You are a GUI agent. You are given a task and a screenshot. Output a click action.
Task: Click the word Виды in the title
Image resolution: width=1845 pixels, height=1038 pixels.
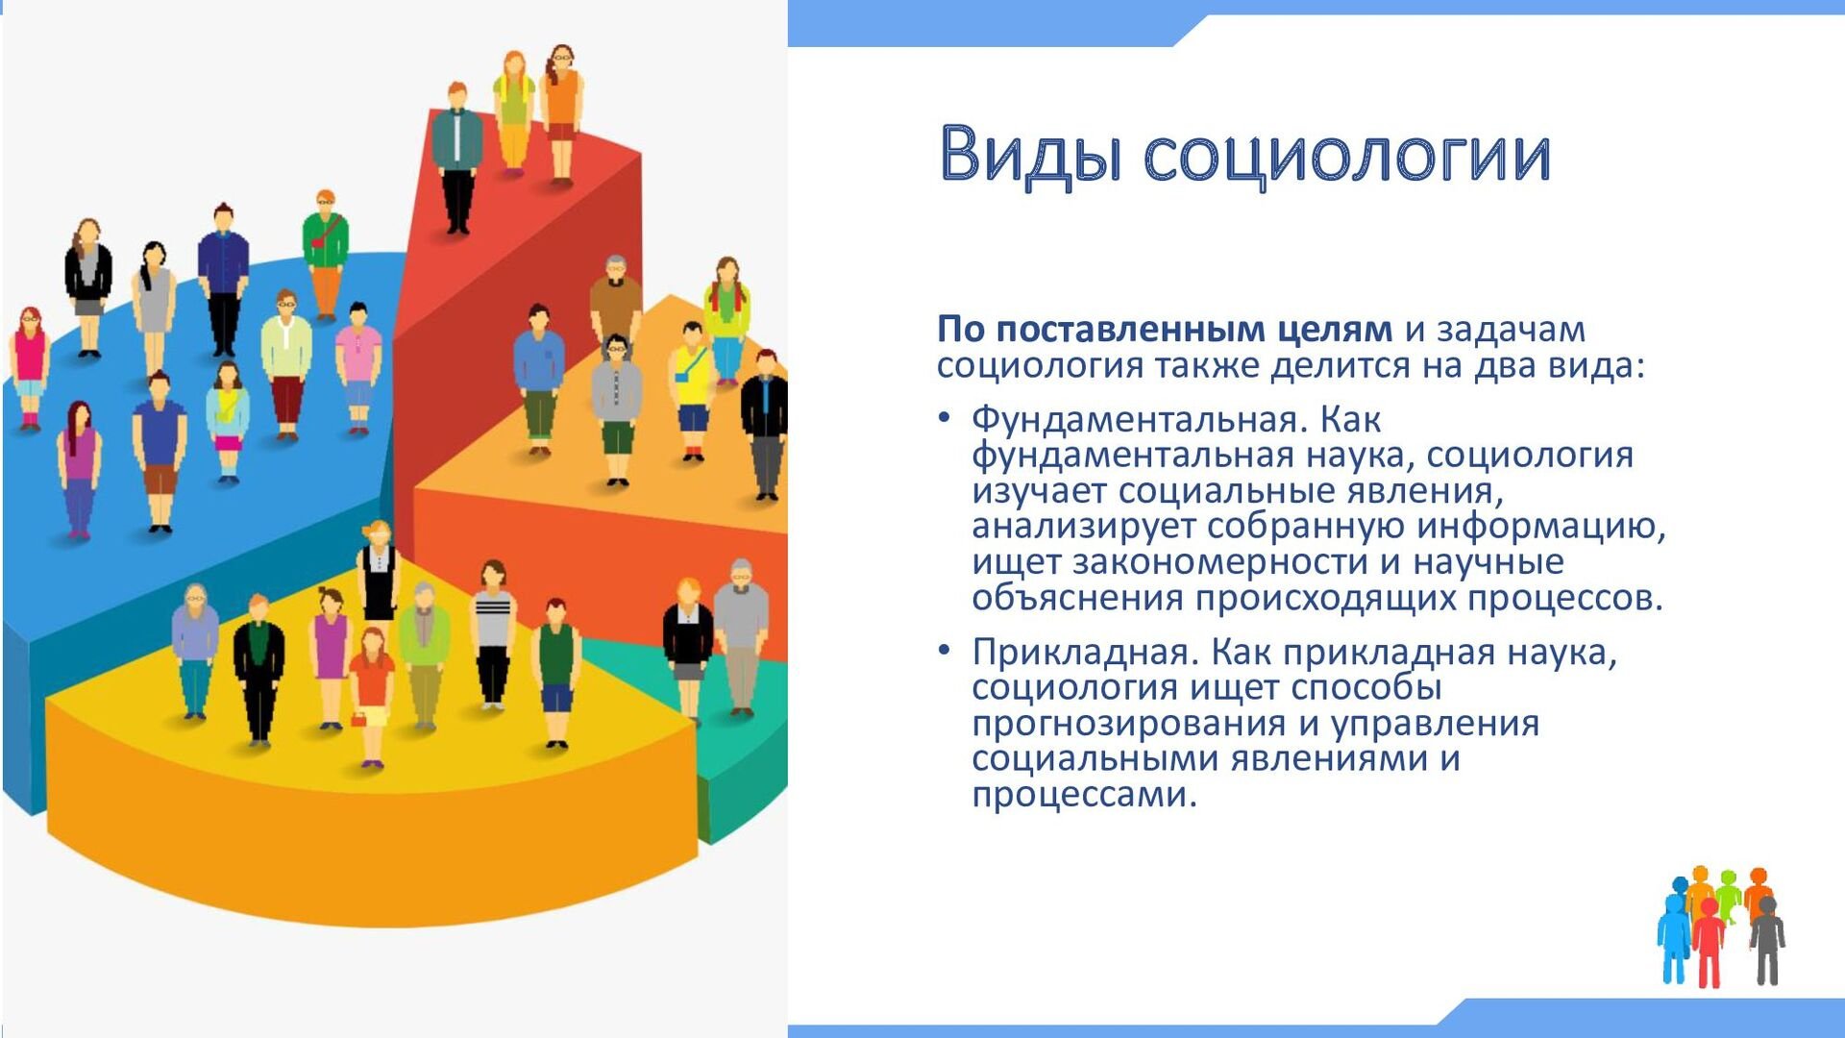[1029, 154]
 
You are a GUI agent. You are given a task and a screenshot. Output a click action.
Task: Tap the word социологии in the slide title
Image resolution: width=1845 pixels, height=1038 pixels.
[1346, 156]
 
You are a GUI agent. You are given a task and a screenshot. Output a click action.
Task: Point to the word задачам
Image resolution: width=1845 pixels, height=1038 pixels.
[1511, 331]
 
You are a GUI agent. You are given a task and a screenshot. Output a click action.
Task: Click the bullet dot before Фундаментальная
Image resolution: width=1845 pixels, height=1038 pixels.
[945, 418]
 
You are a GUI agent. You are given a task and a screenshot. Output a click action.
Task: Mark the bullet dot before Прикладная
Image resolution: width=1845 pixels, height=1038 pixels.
[945, 651]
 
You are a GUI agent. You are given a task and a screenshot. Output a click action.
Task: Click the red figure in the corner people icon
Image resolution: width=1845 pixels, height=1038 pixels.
[1709, 942]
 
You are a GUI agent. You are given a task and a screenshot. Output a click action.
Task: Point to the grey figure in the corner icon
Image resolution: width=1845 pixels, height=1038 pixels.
[1766, 940]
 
